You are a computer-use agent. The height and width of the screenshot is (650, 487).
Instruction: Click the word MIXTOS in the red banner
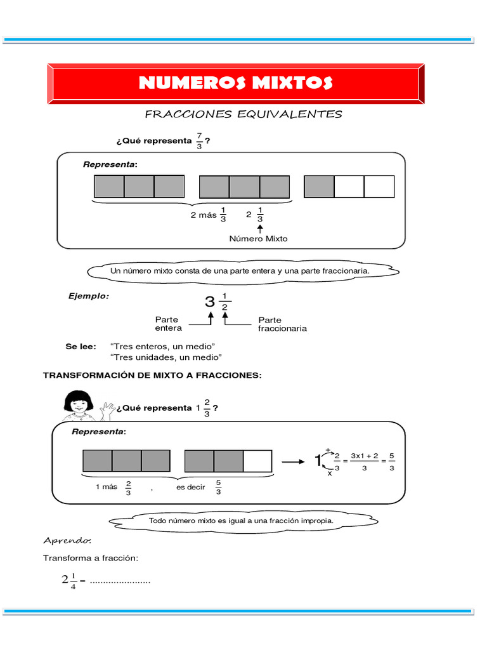(x=290, y=83)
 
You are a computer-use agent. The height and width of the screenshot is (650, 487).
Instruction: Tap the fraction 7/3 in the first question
(x=199, y=142)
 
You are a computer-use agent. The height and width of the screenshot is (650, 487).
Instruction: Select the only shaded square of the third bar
(x=319, y=187)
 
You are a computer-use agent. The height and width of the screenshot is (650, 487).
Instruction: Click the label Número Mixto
(x=258, y=239)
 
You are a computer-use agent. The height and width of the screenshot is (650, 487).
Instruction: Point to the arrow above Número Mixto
(x=260, y=227)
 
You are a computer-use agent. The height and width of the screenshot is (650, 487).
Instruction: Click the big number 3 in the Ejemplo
(x=210, y=302)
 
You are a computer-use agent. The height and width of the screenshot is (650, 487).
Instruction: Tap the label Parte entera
(x=168, y=324)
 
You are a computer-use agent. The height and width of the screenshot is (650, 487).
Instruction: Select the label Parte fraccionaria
(x=282, y=324)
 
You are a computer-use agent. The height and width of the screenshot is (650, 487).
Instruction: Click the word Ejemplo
(x=88, y=296)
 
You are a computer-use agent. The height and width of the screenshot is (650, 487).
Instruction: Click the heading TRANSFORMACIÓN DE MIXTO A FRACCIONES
(x=152, y=376)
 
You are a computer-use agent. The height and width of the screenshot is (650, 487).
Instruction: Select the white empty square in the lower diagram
(x=257, y=461)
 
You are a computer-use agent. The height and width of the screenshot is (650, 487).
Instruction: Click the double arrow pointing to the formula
(x=293, y=462)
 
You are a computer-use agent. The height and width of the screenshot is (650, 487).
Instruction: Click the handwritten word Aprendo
(x=67, y=541)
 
